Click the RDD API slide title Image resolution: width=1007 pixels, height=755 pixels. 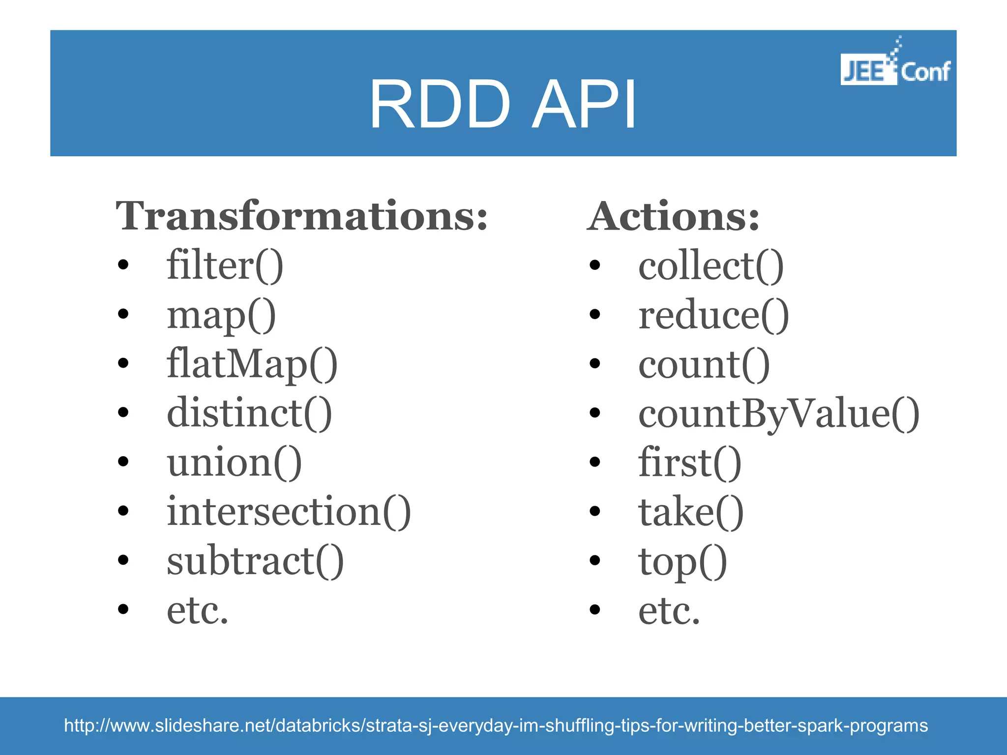tap(503, 105)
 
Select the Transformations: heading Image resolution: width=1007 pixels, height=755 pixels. tap(301, 216)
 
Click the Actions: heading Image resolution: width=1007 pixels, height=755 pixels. tap(673, 216)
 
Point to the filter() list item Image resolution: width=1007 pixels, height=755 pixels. tap(225, 265)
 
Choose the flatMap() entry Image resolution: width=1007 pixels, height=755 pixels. tap(252, 364)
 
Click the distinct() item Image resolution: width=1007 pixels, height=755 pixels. tap(249, 413)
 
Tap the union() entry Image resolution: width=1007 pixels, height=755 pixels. tap(234, 462)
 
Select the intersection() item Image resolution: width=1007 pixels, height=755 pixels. tap(289, 511)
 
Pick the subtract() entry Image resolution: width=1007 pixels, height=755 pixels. tap(255, 560)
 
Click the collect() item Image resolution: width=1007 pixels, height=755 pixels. tap(711, 265)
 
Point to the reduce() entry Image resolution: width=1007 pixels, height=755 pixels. tap(713, 315)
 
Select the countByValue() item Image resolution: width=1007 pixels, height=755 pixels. tap(778, 413)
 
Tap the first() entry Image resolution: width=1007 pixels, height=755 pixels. tap(689, 462)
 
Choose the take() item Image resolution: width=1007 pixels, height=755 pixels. tap(691, 511)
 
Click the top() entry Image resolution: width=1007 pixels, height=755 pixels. tap(682, 561)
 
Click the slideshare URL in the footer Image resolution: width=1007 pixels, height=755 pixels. tap(496, 726)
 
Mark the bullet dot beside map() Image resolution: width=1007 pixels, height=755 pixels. tap(123, 314)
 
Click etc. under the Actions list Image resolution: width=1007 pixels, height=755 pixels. tap(669, 610)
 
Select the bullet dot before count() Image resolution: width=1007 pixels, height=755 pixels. tap(595, 363)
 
